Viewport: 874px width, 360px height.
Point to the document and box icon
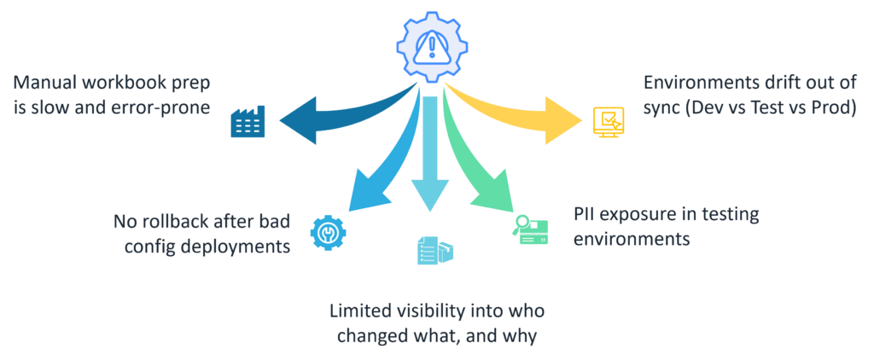coord(434,251)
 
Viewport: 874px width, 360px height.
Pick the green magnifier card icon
coord(530,229)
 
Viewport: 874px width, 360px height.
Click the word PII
coord(585,215)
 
